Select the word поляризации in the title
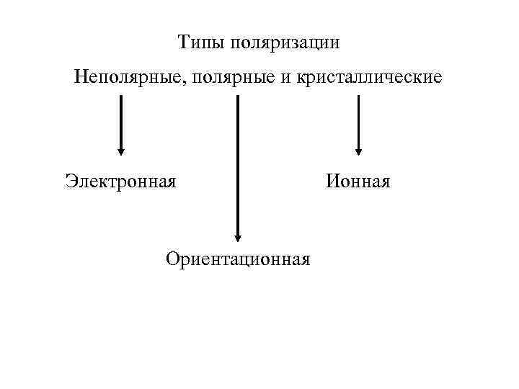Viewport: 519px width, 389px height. point(285,44)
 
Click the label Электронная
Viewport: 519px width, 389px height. point(120,180)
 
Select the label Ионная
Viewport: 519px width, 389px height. point(358,180)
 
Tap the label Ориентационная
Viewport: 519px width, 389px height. point(238,258)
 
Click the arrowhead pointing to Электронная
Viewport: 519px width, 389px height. point(121,151)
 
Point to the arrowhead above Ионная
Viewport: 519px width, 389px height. point(358,151)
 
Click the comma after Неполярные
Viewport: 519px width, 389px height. point(185,81)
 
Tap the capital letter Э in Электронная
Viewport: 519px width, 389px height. point(70,180)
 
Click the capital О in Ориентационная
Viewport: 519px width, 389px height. point(172,258)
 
